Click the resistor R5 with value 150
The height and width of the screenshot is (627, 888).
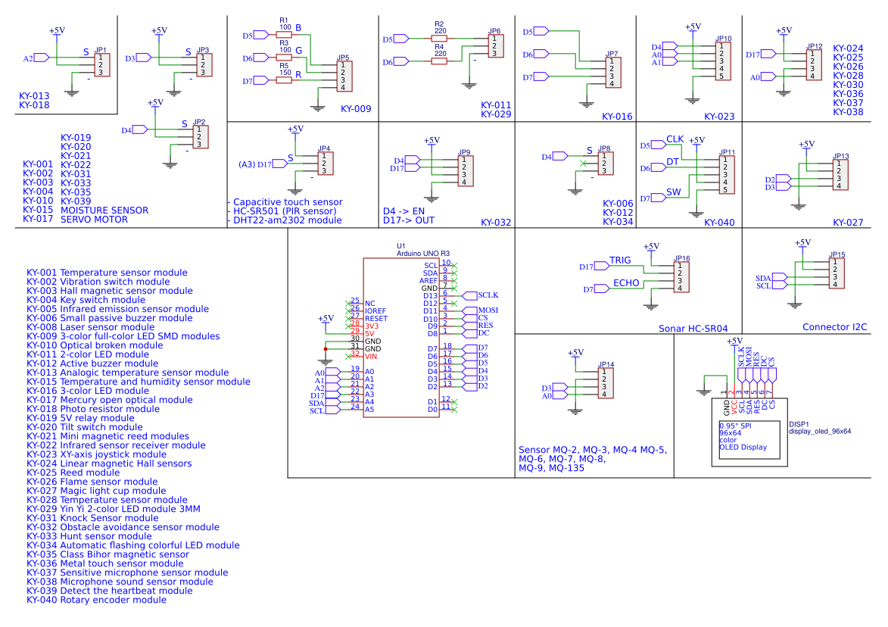(x=284, y=80)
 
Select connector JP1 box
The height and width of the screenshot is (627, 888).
(x=101, y=64)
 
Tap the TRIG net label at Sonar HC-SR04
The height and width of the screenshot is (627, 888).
(x=619, y=260)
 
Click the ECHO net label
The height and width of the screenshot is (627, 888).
(x=625, y=282)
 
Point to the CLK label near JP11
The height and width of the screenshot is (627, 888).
(x=675, y=139)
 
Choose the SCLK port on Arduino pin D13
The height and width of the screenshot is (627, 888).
(x=487, y=295)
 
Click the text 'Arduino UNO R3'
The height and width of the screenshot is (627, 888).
(x=423, y=254)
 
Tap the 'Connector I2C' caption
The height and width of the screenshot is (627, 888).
(x=834, y=327)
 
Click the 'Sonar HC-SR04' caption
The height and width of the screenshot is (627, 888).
(x=693, y=329)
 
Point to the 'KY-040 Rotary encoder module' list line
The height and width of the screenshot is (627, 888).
(x=96, y=600)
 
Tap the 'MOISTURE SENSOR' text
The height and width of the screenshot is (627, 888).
(x=104, y=210)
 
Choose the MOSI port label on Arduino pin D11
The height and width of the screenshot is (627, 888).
(x=487, y=310)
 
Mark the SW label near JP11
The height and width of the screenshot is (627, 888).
(x=674, y=193)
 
